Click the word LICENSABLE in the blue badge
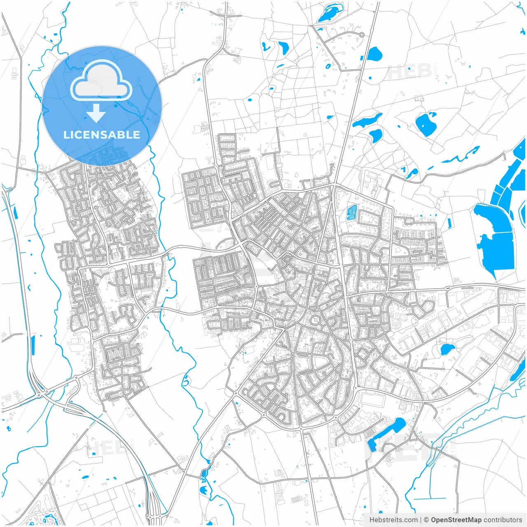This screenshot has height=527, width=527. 102,135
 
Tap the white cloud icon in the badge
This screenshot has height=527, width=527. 101,82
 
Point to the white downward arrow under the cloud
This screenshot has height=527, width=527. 96,114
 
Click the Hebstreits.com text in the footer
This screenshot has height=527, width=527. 393,520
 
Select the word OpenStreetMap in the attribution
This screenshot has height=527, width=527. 456,520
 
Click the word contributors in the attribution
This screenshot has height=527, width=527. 503,520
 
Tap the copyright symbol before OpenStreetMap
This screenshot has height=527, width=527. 427,520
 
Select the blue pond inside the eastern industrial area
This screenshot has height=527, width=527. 447,350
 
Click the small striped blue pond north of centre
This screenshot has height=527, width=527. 352,212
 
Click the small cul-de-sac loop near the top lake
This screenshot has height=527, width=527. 361,35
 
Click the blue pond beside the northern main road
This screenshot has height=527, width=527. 374,54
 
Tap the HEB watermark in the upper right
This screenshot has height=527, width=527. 410,72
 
